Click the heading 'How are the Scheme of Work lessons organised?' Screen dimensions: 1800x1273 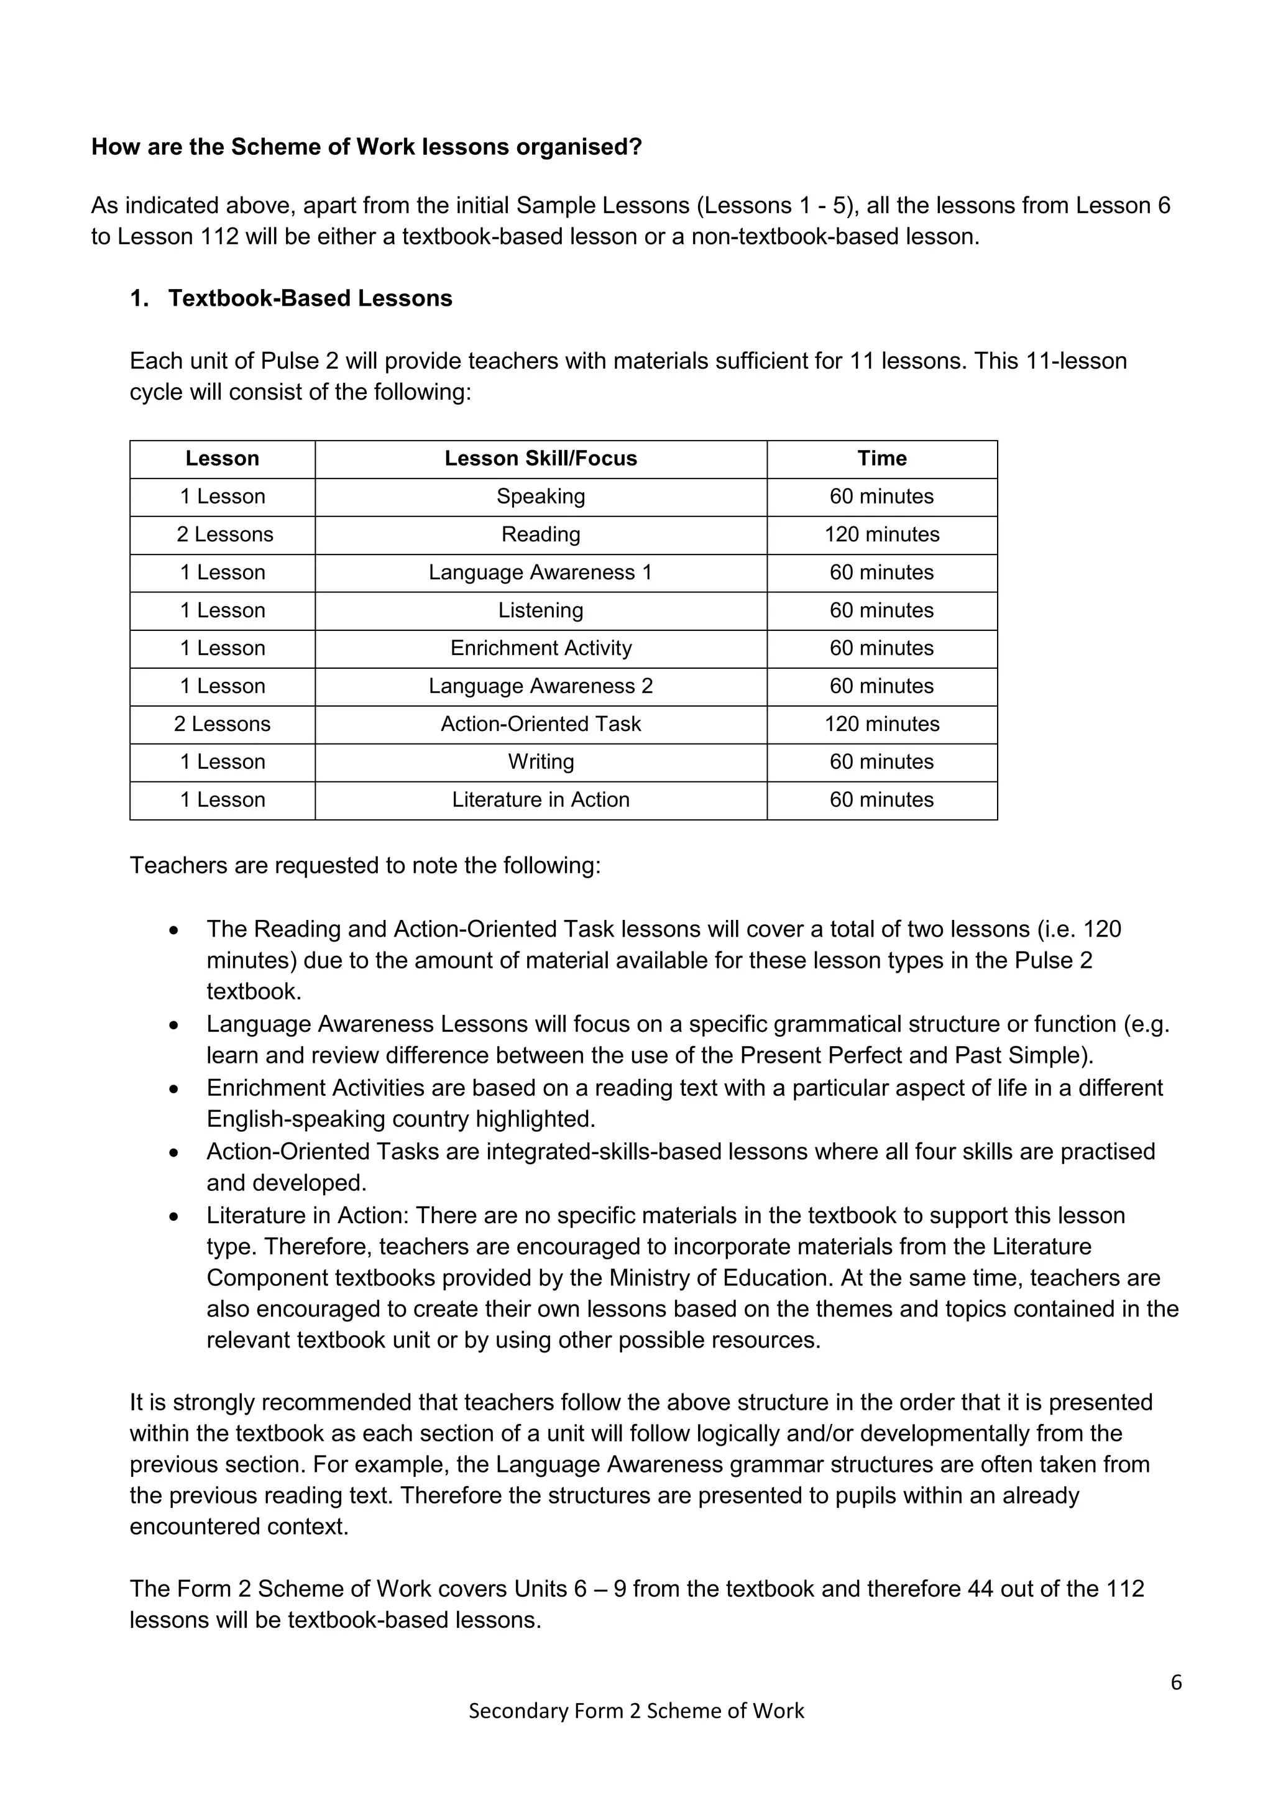pos(366,147)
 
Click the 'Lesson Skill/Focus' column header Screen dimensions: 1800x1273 pos(540,458)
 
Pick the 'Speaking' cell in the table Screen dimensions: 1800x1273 pos(540,496)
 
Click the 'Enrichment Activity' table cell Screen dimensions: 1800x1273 pos(540,648)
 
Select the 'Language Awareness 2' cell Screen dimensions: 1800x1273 pos(540,686)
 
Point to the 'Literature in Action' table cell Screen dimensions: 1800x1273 pos(540,800)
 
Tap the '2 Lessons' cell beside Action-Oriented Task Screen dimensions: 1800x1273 pos(222,723)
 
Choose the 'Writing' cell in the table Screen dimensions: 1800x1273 pos(540,761)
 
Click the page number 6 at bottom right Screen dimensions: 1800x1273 pos(1176,1683)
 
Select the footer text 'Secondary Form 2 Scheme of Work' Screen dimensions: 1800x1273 pos(636,1710)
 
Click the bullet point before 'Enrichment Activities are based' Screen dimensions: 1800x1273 pos(174,1090)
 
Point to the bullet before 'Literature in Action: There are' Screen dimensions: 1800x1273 pos(174,1217)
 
